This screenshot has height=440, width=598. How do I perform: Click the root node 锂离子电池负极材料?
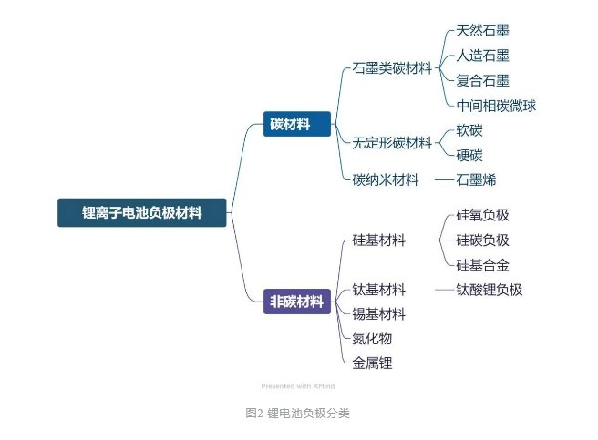pos(141,212)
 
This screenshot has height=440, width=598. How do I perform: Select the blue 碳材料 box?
pos(297,124)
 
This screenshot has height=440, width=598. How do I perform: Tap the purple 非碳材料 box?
pos(297,302)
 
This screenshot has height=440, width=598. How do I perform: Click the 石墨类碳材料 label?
pos(392,68)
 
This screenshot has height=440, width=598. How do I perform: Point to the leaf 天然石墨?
pos(482,32)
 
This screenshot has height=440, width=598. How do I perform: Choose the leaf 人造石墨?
pos(482,56)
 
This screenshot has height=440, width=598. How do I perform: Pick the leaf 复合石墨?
pos(482,80)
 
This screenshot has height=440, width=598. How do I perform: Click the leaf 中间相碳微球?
pos(496,105)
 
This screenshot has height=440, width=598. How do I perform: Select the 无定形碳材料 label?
pos(392,142)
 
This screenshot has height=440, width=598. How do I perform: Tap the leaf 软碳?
pos(469,130)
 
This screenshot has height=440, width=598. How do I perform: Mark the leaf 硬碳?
pos(469,155)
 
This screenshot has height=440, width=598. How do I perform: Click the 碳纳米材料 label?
pos(386,179)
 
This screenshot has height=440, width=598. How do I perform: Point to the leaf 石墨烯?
pos(476,179)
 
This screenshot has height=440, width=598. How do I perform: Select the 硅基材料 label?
pos(378,240)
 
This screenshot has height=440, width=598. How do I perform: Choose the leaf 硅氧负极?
pos(482,216)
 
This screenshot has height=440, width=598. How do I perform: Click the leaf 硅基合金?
pos(482,265)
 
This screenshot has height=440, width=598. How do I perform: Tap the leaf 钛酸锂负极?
pos(489,290)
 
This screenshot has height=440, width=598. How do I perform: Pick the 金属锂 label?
pos(372,363)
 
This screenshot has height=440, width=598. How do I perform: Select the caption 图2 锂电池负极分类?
pos(297,413)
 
